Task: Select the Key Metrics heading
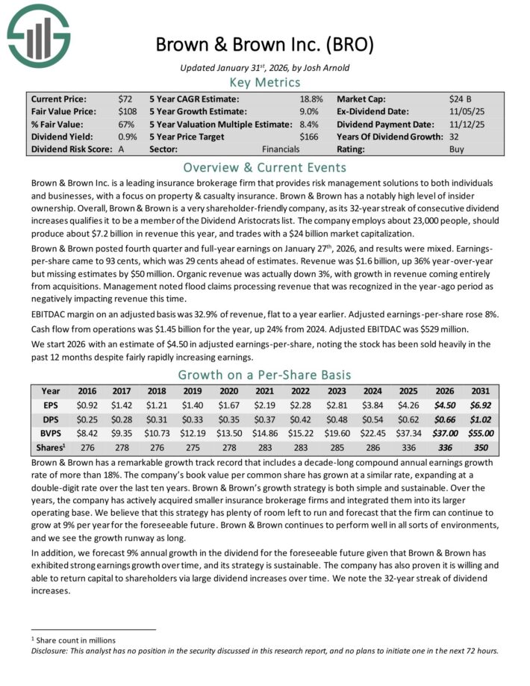(264, 82)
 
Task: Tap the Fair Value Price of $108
(127, 110)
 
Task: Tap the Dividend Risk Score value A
(122, 149)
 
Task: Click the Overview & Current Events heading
(264, 166)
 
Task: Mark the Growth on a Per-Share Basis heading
(264, 375)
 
